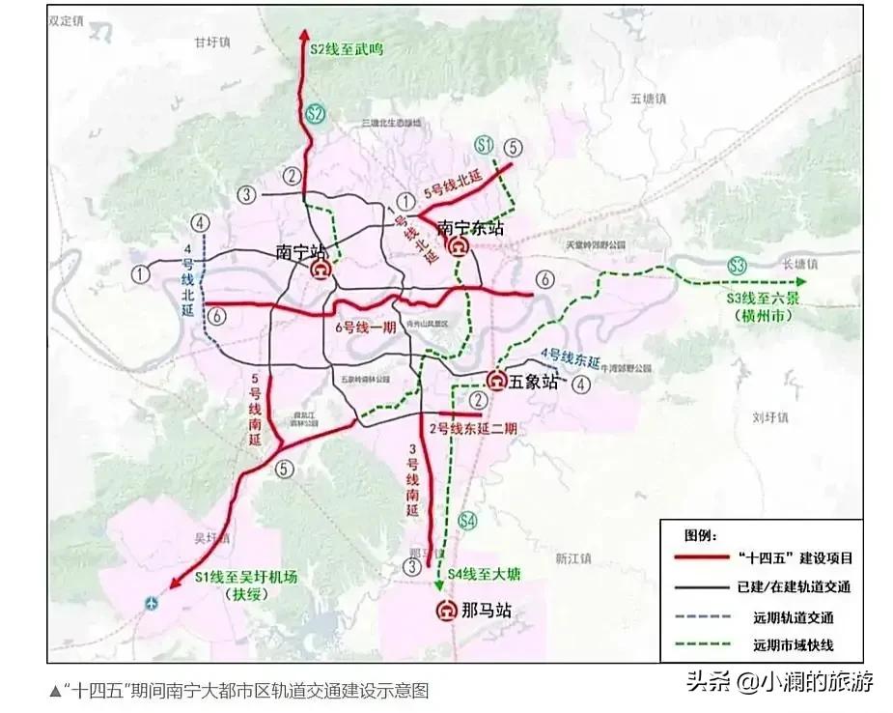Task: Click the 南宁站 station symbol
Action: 320,272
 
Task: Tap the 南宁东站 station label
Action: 470,229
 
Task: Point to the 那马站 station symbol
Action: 447,611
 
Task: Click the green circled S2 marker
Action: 315,113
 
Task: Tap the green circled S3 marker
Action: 738,265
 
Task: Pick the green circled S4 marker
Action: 467,522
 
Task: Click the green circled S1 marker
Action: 485,146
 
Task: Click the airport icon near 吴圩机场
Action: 150,604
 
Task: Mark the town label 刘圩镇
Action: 770,417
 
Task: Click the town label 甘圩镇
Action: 211,43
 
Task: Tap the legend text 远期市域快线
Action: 793,645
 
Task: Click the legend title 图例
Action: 702,534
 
